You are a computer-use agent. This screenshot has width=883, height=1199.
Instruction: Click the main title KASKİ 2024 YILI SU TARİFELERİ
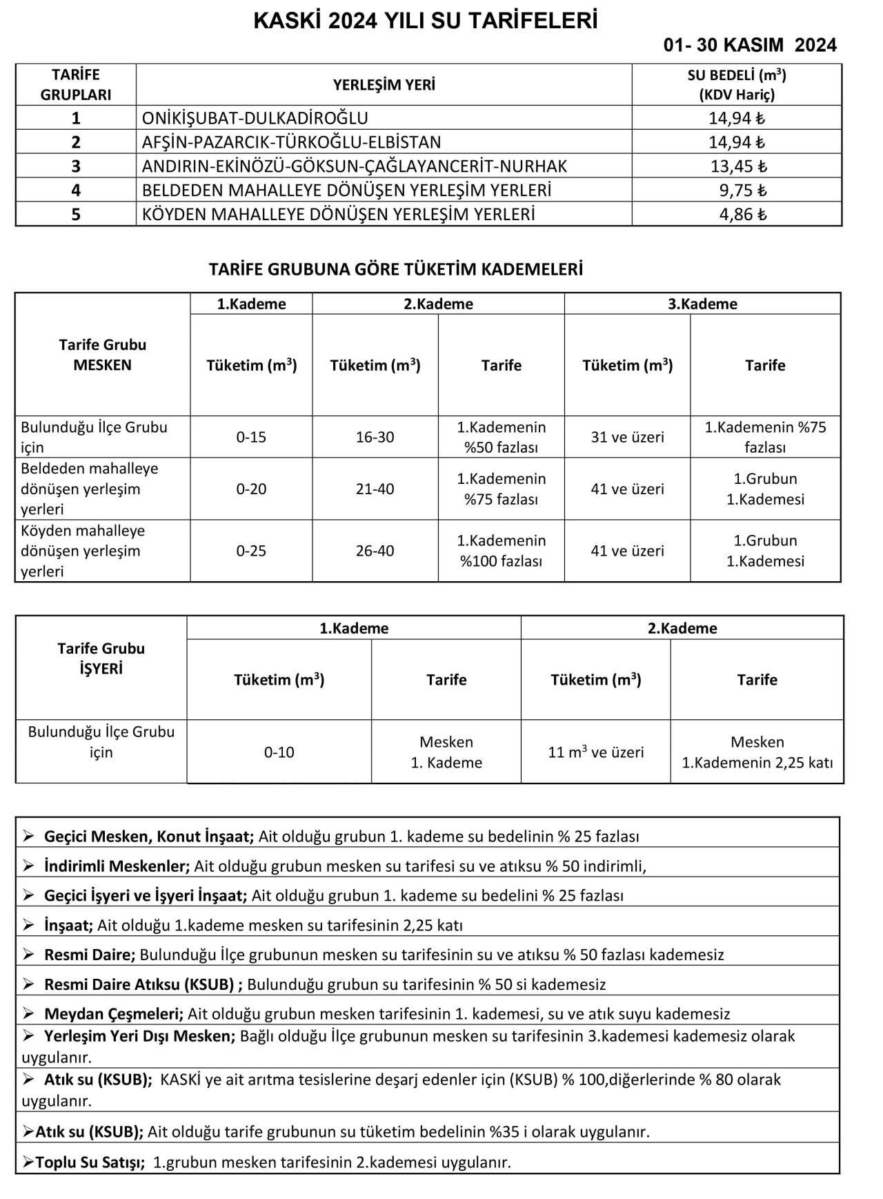(x=426, y=21)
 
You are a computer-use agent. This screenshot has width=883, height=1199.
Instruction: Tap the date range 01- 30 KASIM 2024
(x=750, y=46)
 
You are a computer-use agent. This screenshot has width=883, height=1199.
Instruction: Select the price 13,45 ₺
(x=739, y=166)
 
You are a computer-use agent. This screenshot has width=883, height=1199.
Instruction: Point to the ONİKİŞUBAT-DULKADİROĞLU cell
(x=255, y=118)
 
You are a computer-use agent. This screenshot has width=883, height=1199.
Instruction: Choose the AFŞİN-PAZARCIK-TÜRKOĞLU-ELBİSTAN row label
(x=291, y=142)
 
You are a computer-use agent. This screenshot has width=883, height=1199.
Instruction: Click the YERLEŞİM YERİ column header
(x=384, y=85)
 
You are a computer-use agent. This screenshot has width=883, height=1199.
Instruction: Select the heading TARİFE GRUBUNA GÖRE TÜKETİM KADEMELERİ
(x=396, y=270)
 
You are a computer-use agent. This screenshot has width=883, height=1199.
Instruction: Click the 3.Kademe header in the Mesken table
(x=702, y=304)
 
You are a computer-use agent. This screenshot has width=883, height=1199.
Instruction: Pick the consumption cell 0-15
(x=251, y=438)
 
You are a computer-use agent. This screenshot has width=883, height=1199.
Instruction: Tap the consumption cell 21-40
(x=375, y=489)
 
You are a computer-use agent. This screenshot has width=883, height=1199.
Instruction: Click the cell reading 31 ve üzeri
(x=628, y=438)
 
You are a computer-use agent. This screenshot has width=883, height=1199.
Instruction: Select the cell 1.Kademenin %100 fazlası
(x=501, y=551)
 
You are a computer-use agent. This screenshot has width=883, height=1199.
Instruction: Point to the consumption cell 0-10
(x=279, y=752)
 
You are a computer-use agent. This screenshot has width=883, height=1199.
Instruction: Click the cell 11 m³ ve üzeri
(x=596, y=752)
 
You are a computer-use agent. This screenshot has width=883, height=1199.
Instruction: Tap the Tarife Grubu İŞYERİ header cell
(x=101, y=659)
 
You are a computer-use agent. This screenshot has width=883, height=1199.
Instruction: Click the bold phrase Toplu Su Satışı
(x=90, y=1162)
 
